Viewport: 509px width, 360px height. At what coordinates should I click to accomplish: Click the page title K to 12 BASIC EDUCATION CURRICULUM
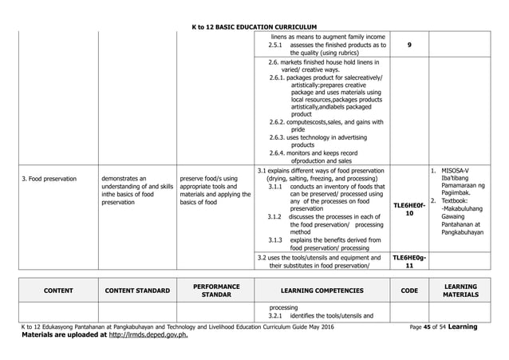pyautogui.click(x=254, y=28)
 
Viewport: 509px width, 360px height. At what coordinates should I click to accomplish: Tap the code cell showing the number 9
pyautogui.click(x=408, y=45)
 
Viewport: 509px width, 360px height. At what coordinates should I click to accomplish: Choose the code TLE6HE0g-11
pyautogui.click(x=408, y=262)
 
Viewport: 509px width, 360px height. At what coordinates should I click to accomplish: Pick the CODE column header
pyautogui.click(x=408, y=291)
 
